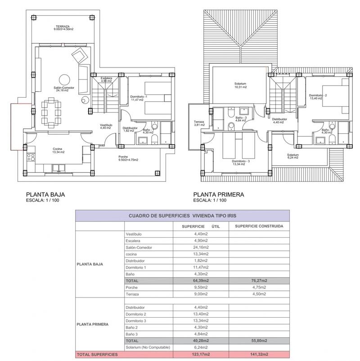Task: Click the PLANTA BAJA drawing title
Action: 45,194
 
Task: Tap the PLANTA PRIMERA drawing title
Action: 219,194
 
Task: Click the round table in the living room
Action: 64,80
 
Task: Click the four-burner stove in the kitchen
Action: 31,158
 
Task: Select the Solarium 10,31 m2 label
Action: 241,86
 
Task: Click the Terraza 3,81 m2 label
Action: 199,123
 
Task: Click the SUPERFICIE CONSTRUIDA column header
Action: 259,226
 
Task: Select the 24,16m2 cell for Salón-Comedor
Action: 201,247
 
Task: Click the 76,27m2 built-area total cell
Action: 259,280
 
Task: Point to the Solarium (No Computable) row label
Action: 148,347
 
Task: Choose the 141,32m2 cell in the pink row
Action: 259,354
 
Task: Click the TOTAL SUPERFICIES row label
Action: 97,354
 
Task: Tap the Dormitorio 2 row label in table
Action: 136,314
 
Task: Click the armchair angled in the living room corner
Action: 80,55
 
